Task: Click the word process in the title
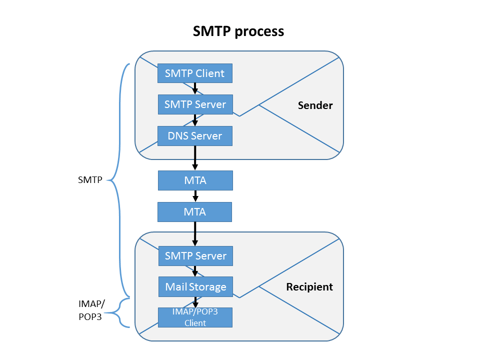point(259,31)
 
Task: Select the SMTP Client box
point(195,73)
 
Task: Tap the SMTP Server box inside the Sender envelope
point(195,104)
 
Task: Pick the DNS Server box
point(195,136)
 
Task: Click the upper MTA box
point(195,180)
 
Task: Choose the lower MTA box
point(195,212)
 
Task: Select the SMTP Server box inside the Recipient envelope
point(195,256)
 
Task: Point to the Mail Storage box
point(195,287)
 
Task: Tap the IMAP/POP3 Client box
point(195,317)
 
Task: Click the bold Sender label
point(315,105)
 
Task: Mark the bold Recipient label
point(309,287)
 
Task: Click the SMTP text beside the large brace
point(90,180)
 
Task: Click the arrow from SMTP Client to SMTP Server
point(195,89)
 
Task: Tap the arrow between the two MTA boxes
point(195,196)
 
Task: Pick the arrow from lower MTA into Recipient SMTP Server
point(195,234)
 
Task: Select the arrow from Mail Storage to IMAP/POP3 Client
point(195,302)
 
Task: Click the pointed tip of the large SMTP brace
point(109,180)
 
